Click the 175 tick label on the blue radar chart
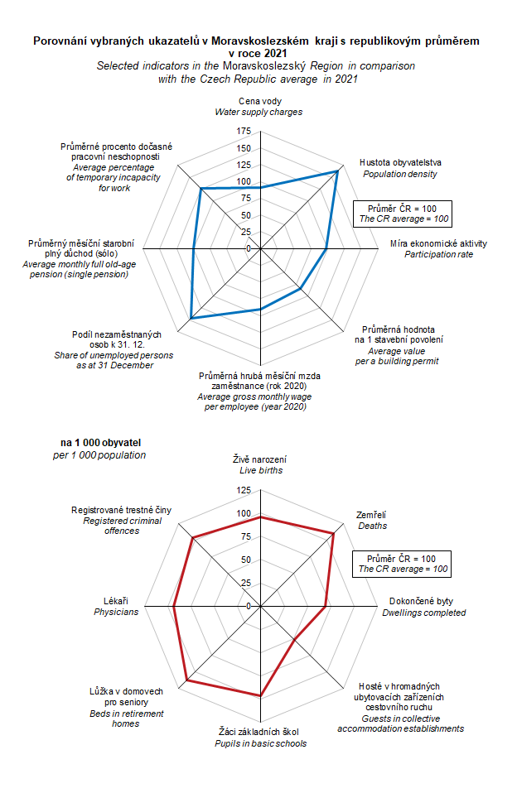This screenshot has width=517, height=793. coord(244,132)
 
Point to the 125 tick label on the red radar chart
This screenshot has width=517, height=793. coord(244,491)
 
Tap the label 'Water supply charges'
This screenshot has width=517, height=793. coord(258,112)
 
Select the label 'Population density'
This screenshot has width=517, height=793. coord(399,174)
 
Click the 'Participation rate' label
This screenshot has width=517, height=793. coord(438,254)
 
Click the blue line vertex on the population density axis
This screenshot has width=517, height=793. coord(338,171)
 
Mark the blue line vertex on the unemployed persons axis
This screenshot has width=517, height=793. coord(191,317)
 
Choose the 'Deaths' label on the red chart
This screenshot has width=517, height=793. coord(372,526)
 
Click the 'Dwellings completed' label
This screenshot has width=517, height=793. coord(423,613)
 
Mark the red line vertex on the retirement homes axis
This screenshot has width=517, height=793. coord(186,680)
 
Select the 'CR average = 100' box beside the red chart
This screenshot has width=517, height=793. coord(403,564)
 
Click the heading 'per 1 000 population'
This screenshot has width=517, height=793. coord(98,455)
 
